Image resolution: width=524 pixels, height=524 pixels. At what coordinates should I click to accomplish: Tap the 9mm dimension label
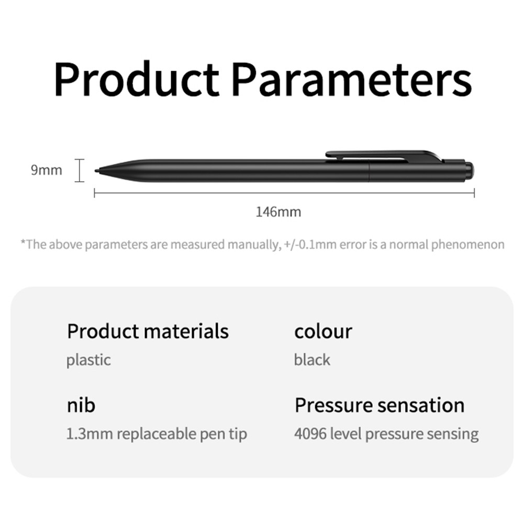click(46, 170)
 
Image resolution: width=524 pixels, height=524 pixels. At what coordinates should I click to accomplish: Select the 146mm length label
click(278, 212)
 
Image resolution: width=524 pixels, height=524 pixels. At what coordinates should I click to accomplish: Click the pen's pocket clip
click(382, 155)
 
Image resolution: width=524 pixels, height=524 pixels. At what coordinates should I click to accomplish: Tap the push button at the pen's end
click(470, 170)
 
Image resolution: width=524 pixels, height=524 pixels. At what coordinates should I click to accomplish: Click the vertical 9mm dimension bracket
click(79, 171)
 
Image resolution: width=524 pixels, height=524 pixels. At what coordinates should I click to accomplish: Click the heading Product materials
click(148, 331)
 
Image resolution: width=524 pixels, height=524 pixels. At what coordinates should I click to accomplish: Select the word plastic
click(88, 360)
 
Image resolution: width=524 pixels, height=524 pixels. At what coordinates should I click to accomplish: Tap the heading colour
click(323, 331)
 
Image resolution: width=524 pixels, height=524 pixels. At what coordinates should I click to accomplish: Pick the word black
click(312, 360)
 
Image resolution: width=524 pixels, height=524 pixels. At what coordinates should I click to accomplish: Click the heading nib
click(81, 405)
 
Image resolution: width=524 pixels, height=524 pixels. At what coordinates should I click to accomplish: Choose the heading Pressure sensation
click(380, 405)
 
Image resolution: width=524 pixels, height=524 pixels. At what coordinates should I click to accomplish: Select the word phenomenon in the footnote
click(467, 244)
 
